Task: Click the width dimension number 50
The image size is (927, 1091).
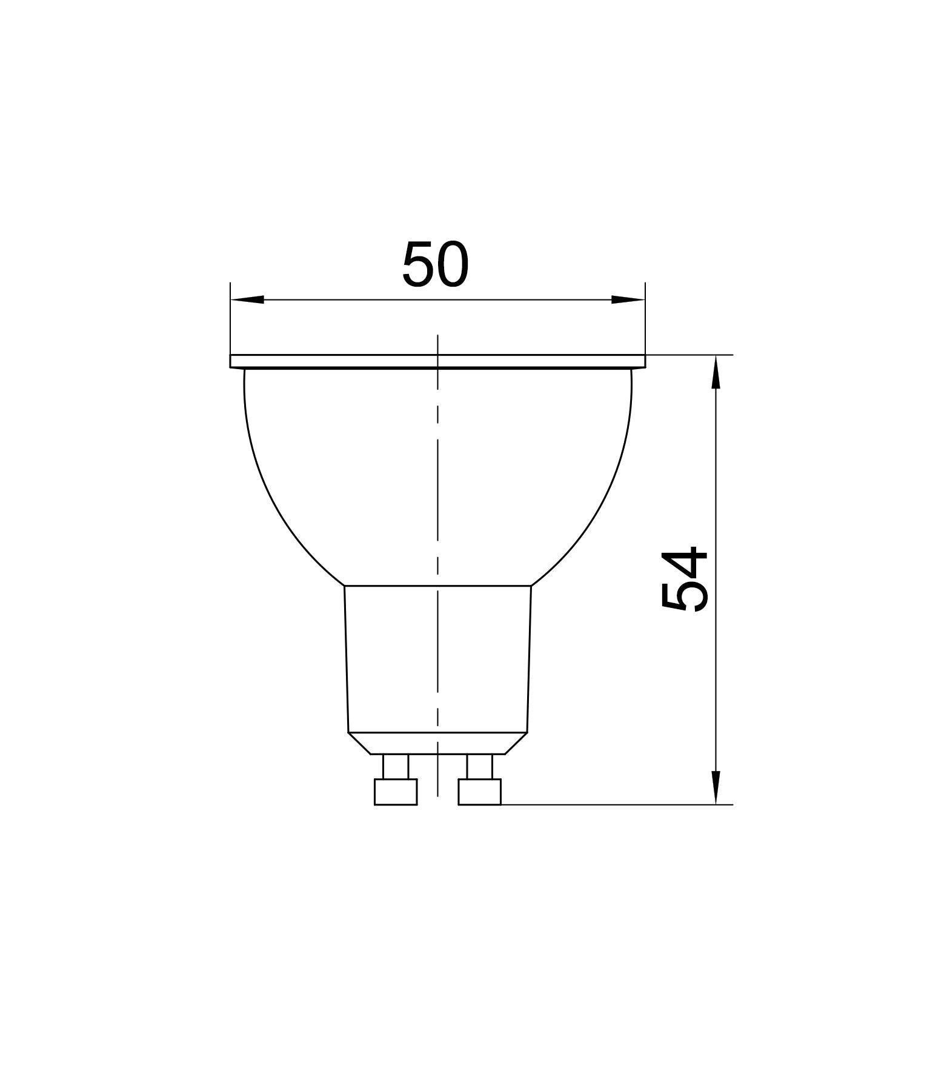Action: coord(436,265)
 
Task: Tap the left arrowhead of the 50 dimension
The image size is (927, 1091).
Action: coord(247,299)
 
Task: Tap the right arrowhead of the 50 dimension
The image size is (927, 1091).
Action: coord(628,299)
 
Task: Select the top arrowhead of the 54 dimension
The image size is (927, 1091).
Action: coord(716,372)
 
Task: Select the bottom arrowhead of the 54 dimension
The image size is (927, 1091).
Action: coord(716,787)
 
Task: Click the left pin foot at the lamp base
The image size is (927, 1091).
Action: coord(396,792)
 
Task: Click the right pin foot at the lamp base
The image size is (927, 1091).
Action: coord(479,792)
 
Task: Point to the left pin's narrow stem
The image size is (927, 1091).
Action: coord(396,767)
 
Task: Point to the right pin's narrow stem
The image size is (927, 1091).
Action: coord(479,767)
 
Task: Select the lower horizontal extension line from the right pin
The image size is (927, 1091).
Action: coord(606,805)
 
